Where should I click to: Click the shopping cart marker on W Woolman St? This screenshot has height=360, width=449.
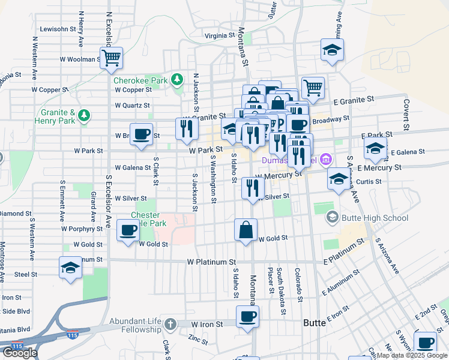point(111,59)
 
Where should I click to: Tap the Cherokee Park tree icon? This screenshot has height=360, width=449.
point(177,79)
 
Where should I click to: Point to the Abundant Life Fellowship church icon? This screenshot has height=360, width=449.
point(170,324)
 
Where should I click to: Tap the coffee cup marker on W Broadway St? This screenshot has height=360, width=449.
point(142,135)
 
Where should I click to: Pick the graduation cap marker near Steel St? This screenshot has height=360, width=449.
point(70,268)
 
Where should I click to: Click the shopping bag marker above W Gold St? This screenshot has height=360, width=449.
point(246,230)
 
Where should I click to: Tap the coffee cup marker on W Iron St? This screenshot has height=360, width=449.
point(247,317)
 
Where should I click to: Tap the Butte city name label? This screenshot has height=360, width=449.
point(315,323)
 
